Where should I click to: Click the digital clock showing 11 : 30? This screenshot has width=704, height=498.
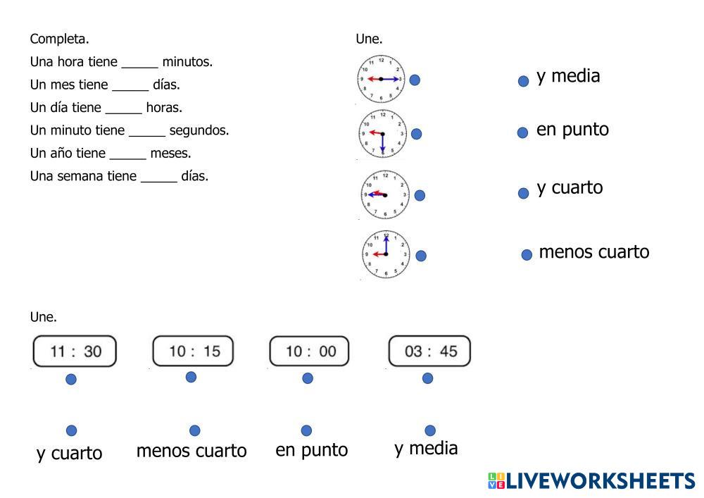tap(75, 351)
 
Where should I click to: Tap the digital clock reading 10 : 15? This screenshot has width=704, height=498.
tap(193, 351)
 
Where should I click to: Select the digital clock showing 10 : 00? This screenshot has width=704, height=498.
tap(309, 351)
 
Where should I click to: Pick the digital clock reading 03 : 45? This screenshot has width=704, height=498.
tap(429, 351)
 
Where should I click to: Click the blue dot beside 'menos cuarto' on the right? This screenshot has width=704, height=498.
tap(527, 255)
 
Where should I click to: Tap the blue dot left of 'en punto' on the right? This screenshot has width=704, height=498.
tap(522, 132)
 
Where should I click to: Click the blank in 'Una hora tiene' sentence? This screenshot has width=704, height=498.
tap(139, 63)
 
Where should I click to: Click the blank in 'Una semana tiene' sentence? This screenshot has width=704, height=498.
tap(158, 177)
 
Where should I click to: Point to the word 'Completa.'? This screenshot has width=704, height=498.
tap(59, 39)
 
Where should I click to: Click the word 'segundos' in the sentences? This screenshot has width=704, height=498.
tap(199, 130)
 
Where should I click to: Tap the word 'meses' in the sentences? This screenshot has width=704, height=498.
tap(170, 154)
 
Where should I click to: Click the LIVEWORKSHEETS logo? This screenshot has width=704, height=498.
tap(591, 481)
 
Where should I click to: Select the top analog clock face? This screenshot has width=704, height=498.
tap(381, 79)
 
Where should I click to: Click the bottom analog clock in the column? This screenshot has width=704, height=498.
tap(385, 254)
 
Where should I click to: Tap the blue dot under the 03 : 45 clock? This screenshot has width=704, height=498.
tap(427, 378)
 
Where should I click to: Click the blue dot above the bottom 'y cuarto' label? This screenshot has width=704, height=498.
tap(71, 430)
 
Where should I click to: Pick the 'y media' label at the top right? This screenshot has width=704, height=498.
tap(568, 76)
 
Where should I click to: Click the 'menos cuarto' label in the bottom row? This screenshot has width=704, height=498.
tap(191, 451)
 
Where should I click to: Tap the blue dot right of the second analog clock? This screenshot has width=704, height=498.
tap(416, 134)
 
